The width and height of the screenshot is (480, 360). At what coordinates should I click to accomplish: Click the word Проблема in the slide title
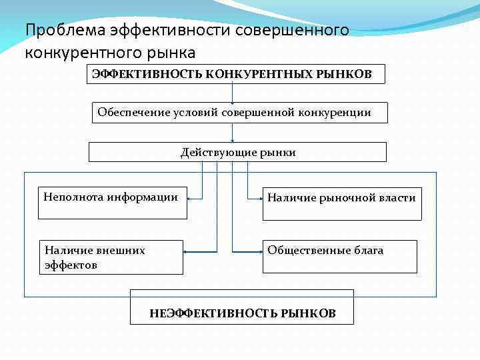pos(59,30)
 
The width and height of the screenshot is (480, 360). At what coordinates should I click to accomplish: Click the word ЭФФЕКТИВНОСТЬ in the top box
pos(147,73)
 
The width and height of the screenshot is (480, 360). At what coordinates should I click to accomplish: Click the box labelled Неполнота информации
pos(112,203)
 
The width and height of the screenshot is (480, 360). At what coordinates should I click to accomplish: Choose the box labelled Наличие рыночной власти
pos(342,204)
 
